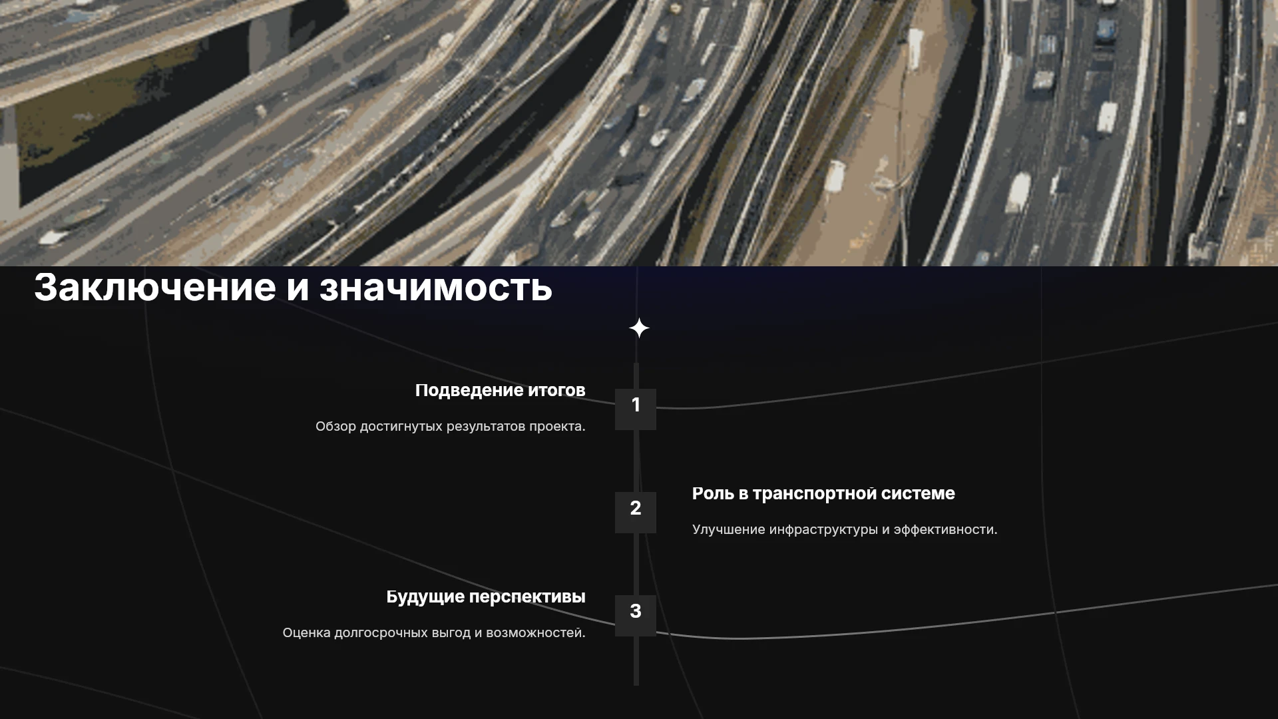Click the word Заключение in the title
tap(154, 287)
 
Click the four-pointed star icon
tap(639, 328)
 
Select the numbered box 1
tap(636, 409)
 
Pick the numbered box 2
tap(636, 513)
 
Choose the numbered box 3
tap(636, 616)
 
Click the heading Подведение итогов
tap(501, 391)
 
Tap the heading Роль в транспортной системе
tap(823, 494)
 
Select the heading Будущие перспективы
tap(486, 597)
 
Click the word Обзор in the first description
tap(335, 426)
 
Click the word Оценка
tap(306, 633)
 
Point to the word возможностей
tap(536, 633)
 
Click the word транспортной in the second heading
tap(815, 495)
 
